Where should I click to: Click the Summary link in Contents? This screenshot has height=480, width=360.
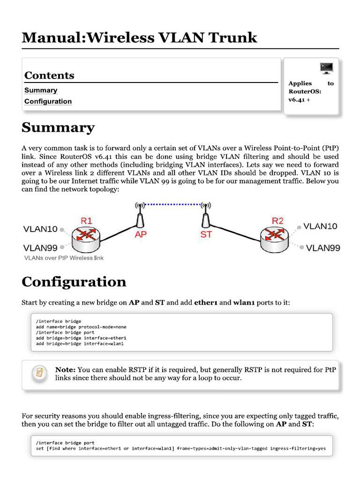(x=41, y=90)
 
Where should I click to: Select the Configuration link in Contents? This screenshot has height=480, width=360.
(x=48, y=101)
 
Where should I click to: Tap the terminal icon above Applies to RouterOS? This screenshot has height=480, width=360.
(x=326, y=68)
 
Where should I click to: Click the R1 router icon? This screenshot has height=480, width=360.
(x=85, y=237)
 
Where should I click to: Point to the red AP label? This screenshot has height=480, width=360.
(x=141, y=234)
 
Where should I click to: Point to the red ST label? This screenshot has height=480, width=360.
(x=206, y=234)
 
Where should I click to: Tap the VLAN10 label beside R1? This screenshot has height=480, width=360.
(x=40, y=229)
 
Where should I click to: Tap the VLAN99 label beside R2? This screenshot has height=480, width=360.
(x=323, y=248)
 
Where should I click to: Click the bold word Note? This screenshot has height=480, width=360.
(x=65, y=369)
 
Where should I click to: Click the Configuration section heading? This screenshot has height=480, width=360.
(x=74, y=282)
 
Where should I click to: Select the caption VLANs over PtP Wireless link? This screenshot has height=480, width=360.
(x=64, y=258)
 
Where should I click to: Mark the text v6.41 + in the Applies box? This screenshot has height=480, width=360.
(x=299, y=99)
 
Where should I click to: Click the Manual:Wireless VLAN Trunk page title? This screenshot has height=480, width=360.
(x=139, y=37)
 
